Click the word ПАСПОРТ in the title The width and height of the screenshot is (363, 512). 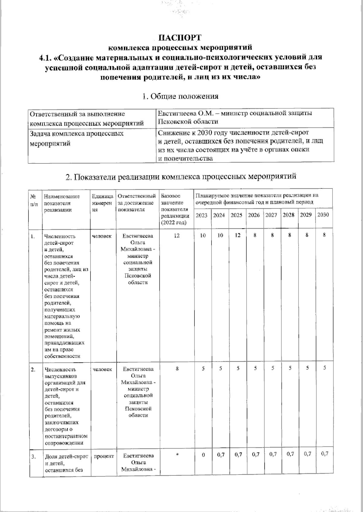coord(180,38)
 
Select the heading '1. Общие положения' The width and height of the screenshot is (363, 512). coord(180,96)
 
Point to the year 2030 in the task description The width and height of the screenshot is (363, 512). coord(206,133)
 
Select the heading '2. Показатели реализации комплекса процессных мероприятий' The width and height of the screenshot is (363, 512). coord(181,176)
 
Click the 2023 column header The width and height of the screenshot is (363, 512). coord(202,215)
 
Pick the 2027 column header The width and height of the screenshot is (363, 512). coord(271,215)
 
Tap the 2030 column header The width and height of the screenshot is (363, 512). coord(323,215)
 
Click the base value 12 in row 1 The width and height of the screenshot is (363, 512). coord(177,235)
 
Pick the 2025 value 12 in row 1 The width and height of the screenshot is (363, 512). coord(238,235)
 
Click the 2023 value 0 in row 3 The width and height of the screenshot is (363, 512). coord(203,455)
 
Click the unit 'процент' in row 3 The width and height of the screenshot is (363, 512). coord(103,456)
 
